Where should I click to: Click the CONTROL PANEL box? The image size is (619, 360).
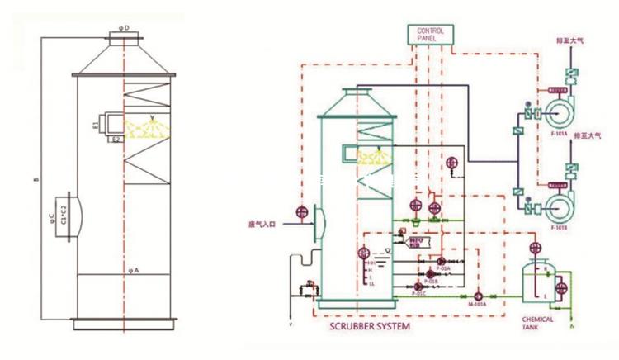click(x=430, y=35)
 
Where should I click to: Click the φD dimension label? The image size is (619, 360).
click(x=123, y=27)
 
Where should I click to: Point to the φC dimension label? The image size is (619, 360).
click(x=51, y=218)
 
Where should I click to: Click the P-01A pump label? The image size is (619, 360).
click(x=444, y=269)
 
